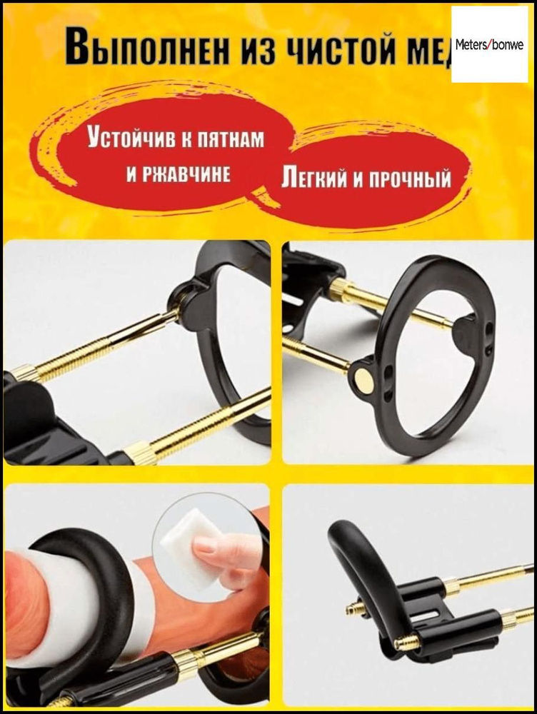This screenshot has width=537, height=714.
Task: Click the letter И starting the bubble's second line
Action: click(131, 174)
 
